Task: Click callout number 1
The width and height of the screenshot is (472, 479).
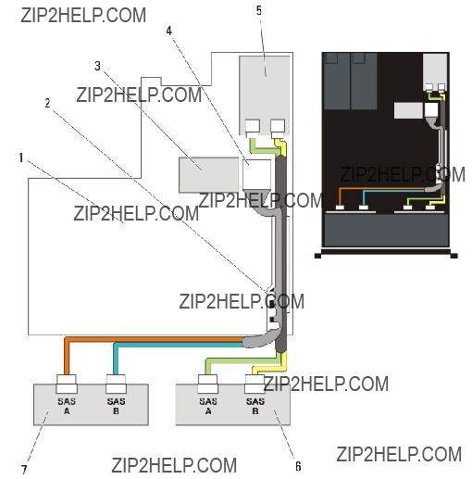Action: [21, 158]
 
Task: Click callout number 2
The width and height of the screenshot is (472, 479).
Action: [47, 103]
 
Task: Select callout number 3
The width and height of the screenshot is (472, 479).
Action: [97, 66]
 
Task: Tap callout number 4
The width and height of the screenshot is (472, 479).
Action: [169, 31]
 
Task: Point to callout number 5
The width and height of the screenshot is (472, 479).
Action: [259, 10]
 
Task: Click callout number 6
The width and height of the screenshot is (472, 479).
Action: [298, 466]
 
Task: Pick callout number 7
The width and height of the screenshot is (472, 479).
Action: [24, 470]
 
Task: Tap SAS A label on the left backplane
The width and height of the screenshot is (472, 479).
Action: [67, 406]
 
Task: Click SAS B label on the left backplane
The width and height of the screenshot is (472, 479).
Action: [116, 406]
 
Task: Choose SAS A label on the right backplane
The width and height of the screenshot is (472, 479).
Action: [208, 406]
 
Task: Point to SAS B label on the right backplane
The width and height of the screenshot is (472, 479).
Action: [255, 406]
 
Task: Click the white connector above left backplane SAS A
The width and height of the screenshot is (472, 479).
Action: [67, 384]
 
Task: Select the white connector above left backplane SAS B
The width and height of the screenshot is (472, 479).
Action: [116, 384]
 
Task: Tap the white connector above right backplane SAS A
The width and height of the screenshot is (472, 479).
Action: [208, 384]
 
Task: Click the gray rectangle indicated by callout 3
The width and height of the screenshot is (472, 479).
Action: [209, 175]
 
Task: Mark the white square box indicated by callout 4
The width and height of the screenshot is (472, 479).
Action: [256, 174]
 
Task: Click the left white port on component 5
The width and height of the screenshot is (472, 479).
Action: [253, 127]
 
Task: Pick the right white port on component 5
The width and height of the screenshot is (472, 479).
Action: [278, 127]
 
